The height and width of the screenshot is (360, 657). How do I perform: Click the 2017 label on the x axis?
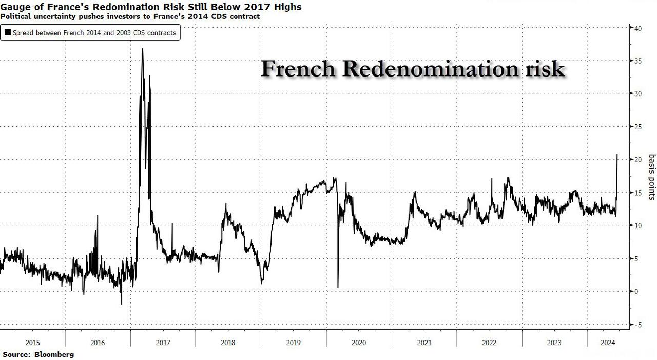[x=163, y=343]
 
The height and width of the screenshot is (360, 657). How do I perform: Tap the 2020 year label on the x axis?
[x=359, y=343]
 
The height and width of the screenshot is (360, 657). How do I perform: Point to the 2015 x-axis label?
[x=32, y=343]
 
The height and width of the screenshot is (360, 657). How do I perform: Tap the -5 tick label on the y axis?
[x=638, y=325]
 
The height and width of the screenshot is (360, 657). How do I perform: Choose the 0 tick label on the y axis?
[x=636, y=292]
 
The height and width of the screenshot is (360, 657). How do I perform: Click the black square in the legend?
[x=7, y=33]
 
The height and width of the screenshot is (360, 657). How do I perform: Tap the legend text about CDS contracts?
[x=94, y=33]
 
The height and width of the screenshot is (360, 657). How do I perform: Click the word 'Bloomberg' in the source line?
[x=54, y=354]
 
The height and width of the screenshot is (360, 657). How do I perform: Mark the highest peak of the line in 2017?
[x=142, y=49]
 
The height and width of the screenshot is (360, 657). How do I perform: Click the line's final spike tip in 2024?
[x=617, y=155]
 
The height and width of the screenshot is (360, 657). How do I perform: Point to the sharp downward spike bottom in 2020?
[x=338, y=287]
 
